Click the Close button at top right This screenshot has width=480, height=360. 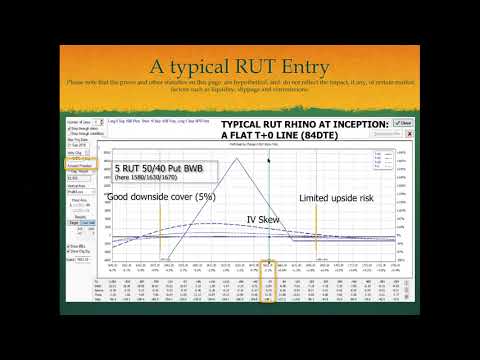coord(402,124)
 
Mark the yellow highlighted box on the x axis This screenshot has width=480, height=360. coord(269,267)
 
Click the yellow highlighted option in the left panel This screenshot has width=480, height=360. coord(74,159)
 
